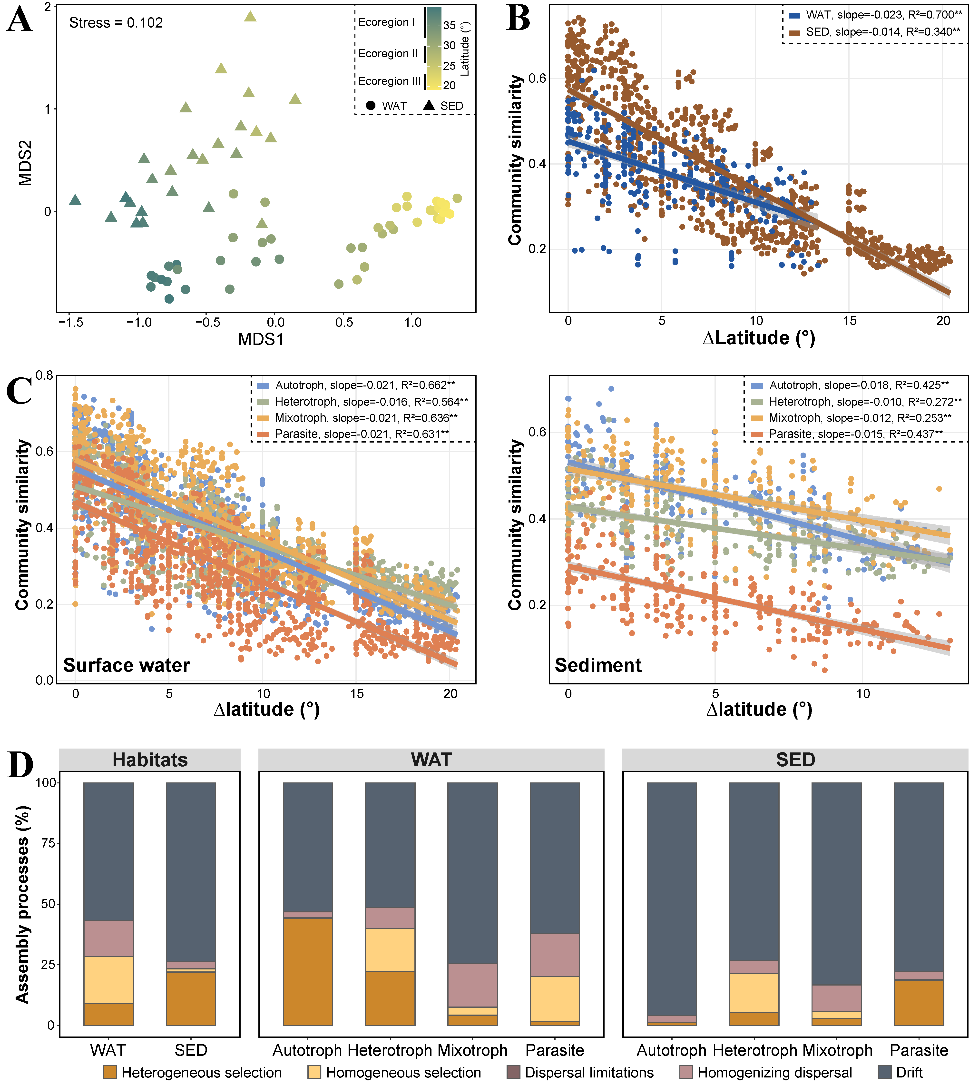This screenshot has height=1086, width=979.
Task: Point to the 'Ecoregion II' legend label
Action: click(388, 54)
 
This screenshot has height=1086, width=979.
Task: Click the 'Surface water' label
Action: click(127, 665)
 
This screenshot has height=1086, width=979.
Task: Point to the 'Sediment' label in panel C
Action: click(598, 665)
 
